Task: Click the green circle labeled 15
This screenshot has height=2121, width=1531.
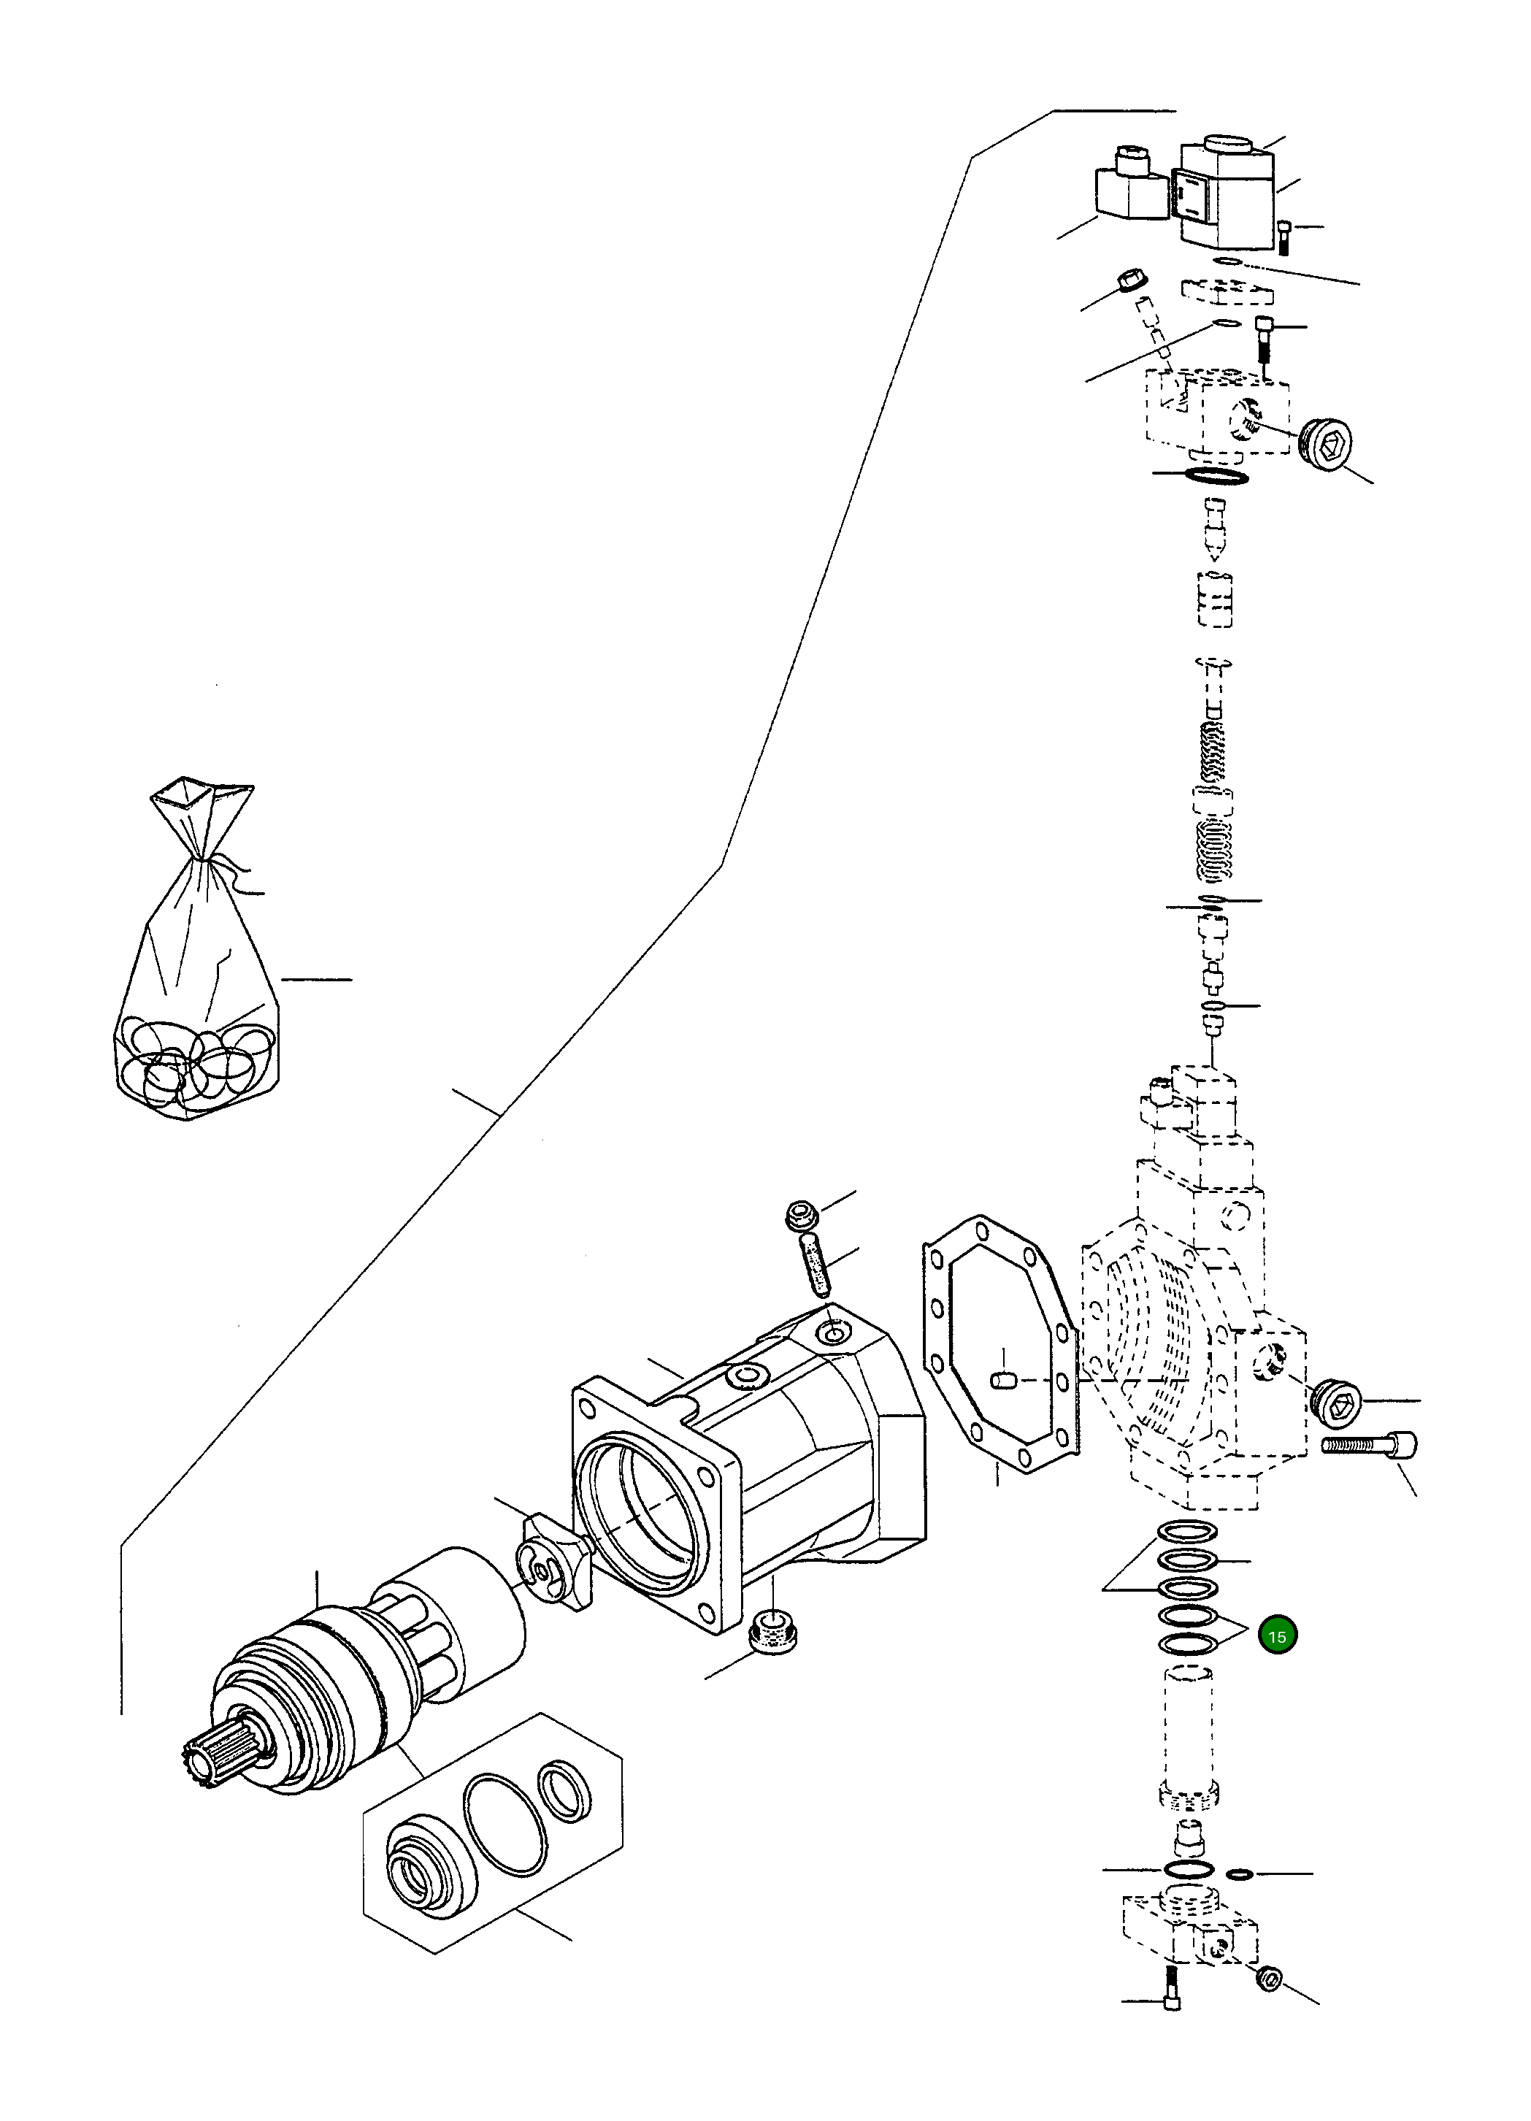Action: (1277, 1635)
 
